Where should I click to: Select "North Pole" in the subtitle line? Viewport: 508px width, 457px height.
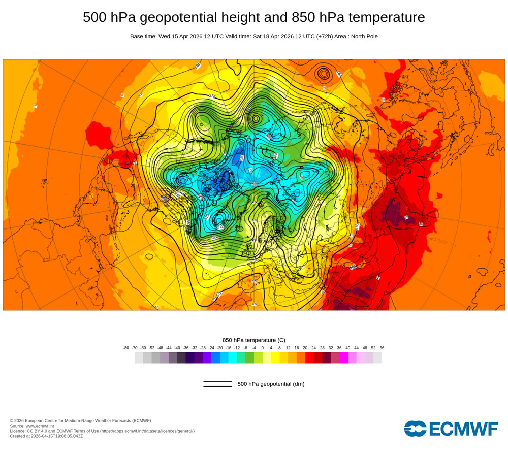(x=361, y=36)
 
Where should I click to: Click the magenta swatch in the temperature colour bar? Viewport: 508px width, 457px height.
(x=343, y=358)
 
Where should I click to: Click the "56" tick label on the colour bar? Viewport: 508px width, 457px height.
(x=382, y=348)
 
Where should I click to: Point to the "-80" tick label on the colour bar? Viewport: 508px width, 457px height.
(x=126, y=348)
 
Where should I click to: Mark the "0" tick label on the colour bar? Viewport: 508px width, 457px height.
(x=263, y=348)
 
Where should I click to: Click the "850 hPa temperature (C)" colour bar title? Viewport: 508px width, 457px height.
(x=254, y=340)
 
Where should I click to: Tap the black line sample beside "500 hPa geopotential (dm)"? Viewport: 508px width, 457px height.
(x=217, y=384)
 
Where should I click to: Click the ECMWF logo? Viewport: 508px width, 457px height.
(x=451, y=429)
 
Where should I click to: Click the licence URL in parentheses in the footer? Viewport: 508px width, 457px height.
(x=147, y=431)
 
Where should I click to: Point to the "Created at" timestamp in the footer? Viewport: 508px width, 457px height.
(x=46, y=436)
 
